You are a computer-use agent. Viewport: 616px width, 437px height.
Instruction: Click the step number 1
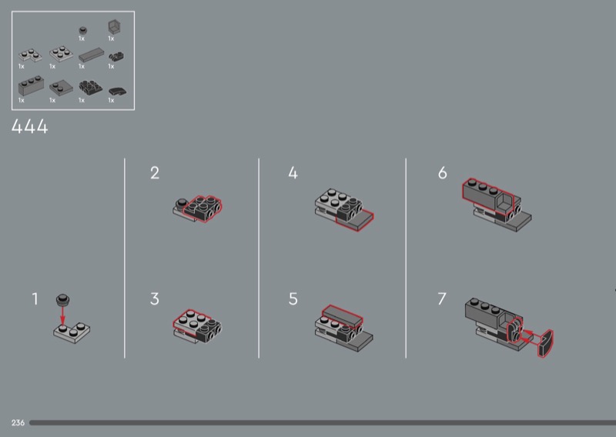tap(35, 299)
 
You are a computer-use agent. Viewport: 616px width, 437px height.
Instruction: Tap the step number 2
tap(155, 173)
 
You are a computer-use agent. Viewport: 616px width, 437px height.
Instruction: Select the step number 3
tap(155, 299)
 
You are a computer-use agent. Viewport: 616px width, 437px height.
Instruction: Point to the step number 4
tap(293, 173)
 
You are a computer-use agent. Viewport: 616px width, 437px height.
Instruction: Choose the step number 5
tap(293, 299)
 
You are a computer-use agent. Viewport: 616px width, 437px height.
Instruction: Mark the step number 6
tap(442, 173)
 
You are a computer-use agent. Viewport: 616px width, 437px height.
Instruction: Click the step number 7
tap(442, 299)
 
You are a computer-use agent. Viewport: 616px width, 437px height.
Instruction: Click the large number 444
tap(30, 126)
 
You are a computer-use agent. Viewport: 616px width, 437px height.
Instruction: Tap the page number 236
tap(18, 422)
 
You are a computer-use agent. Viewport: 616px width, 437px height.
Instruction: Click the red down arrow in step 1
tap(62, 315)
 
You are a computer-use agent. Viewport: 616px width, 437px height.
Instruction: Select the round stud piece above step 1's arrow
tap(63, 299)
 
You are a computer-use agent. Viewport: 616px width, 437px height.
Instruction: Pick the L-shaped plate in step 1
tap(72, 332)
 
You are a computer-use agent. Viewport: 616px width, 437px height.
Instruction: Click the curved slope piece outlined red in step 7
tap(545, 344)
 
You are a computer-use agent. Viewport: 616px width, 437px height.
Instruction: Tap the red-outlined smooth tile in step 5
tap(343, 315)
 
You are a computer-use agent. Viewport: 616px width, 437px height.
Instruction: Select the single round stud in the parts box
tap(82, 30)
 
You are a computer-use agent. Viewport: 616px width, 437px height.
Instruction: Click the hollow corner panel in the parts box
tap(114, 28)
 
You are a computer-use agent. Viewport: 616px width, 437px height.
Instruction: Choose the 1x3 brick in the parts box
tap(31, 85)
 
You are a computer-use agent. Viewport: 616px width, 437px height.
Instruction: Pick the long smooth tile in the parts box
tap(91, 55)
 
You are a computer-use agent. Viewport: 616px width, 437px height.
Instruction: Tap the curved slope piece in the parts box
tap(118, 92)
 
